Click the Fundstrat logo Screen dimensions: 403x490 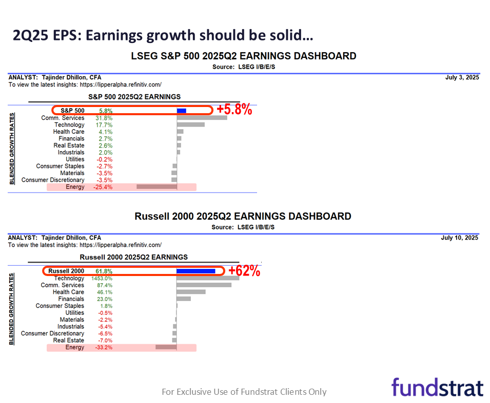[437, 387]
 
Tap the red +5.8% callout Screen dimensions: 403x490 [234, 110]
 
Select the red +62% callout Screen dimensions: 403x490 [244, 271]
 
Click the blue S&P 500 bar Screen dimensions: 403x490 [181, 111]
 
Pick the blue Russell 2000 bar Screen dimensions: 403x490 [195, 271]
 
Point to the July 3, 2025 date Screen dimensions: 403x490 [462, 77]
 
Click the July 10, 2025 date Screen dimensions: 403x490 [460, 238]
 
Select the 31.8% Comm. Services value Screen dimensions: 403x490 [104, 118]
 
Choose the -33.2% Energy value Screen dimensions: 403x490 [103, 347]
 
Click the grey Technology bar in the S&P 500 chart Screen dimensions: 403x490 [190, 124]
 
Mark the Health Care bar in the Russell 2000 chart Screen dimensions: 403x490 [191, 292]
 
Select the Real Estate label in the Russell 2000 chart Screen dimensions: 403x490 [69, 340]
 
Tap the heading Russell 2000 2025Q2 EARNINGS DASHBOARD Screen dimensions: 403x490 [243, 216]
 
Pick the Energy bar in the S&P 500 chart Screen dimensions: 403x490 [156, 187]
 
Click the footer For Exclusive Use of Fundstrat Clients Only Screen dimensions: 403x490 [244, 392]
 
